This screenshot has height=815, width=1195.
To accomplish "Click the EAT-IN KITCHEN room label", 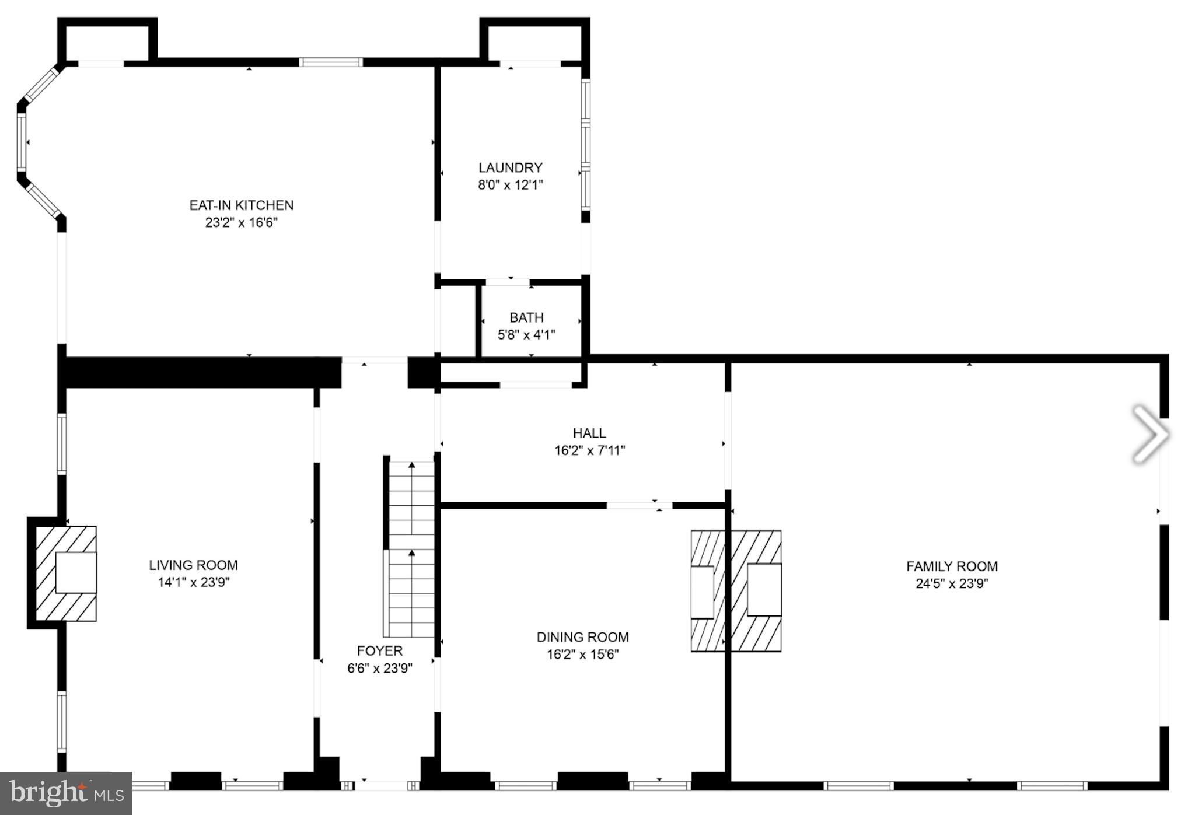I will tap(241, 205).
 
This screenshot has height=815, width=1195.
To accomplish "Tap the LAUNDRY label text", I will tap(511, 168).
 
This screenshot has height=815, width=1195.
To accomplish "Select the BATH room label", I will tap(526, 318).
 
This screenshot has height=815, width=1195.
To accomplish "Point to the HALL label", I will tap(589, 433).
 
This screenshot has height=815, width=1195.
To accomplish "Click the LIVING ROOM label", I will tap(193, 565).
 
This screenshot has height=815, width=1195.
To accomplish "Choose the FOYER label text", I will tap(380, 651).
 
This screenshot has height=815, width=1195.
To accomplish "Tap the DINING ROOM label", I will tap(582, 637).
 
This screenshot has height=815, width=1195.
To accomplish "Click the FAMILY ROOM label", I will tap(952, 566).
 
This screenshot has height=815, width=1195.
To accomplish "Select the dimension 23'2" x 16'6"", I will tap(241, 223).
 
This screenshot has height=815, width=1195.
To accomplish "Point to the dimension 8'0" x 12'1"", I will tap(511, 186).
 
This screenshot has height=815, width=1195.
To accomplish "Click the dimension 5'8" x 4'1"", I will tap(526, 335).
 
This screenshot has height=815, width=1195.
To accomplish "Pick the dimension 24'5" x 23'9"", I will tap(952, 584).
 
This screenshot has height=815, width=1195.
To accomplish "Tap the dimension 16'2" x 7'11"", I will tap(589, 451).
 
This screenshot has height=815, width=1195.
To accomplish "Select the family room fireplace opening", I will tap(764, 590).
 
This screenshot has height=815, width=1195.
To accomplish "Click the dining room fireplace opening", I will tap(702, 592).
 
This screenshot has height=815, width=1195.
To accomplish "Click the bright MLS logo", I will tap(66, 793).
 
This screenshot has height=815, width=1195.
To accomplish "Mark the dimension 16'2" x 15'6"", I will tap(582, 655).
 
